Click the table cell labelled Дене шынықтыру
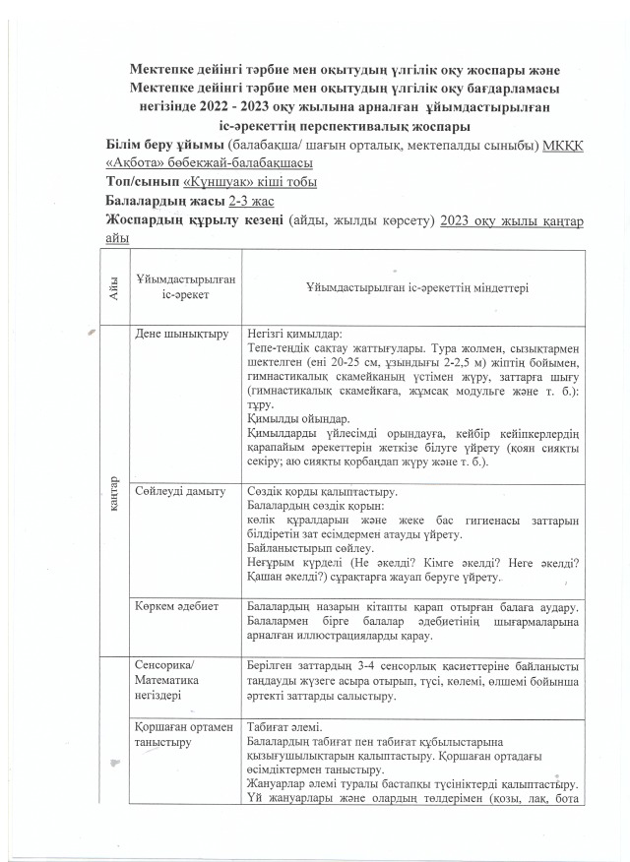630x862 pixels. point(174,334)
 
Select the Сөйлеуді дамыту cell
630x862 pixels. point(173,491)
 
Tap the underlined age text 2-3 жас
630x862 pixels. point(251,202)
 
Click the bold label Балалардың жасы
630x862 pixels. point(164,202)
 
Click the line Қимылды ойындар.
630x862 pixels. point(293,418)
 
